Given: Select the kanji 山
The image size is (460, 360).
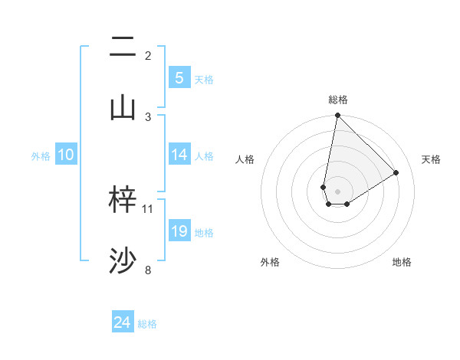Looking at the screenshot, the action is (x=123, y=107).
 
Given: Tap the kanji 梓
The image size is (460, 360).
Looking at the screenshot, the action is (x=123, y=200).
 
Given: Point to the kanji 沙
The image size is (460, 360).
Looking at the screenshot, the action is (x=123, y=261).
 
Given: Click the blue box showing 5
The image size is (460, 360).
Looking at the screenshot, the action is (x=179, y=77).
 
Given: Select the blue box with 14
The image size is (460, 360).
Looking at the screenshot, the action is (x=179, y=155).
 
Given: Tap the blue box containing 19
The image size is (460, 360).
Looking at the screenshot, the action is (x=179, y=231).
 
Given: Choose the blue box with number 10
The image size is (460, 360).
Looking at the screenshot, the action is (x=66, y=155).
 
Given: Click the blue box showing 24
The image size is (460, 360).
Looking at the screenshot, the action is (x=123, y=322).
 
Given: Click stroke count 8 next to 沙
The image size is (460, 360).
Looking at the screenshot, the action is (x=148, y=270).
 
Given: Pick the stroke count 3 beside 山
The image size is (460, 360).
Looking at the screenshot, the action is (x=148, y=116).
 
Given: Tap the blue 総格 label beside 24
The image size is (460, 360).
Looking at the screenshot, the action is (x=147, y=324).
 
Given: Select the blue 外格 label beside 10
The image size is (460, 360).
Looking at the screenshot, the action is (x=41, y=156).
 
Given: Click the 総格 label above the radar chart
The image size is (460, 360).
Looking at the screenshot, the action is (x=337, y=100).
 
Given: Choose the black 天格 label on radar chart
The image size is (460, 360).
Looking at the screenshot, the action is (x=432, y=159).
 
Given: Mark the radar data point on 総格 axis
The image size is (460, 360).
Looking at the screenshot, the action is (x=337, y=116).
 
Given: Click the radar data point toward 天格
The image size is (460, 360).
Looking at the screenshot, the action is (x=396, y=173).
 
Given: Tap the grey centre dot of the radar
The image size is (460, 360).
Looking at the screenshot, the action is (x=337, y=191).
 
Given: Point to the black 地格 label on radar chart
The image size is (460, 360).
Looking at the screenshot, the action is (x=402, y=262).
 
